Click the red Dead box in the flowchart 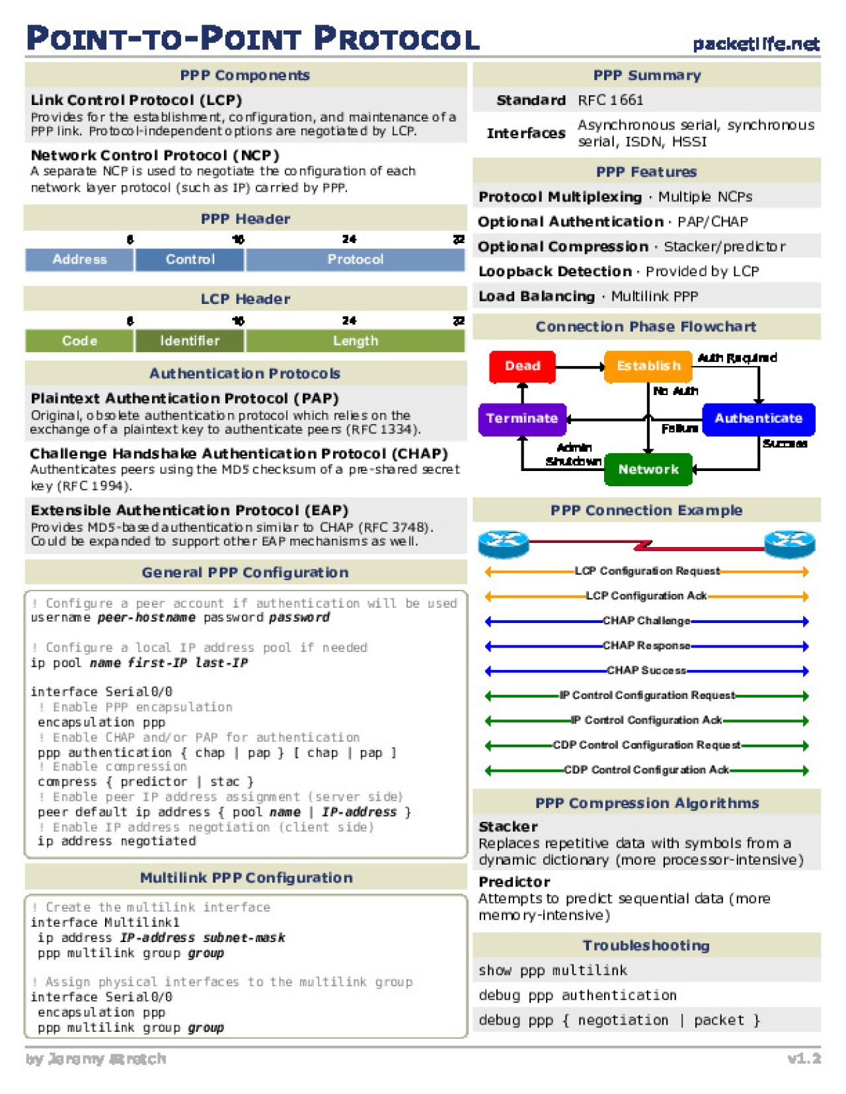click(522, 366)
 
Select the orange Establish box click(648, 366)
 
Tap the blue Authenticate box click(758, 418)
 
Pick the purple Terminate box click(521, 418)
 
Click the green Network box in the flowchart click(648, 469)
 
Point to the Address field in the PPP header click(79, 260)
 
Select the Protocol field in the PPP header click(355, 260)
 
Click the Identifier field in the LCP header click(190, 341)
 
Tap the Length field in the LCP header click(355, 341)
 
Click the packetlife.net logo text click(755, 44)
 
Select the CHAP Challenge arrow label click(646, 621)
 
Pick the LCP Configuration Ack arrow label click(646, 596)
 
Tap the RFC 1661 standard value click(610, 100)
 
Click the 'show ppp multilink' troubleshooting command click(553, 970)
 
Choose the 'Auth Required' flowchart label click(737, 358)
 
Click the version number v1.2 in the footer click(804, 1058)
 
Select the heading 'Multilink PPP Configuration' click(246, 878)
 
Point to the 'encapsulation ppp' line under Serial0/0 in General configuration click(101, 722)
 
